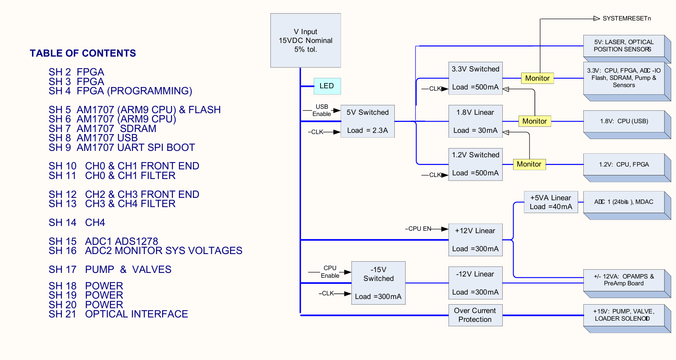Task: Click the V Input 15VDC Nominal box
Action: point(305,40)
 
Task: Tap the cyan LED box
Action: point(327,86)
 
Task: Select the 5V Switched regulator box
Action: point(367,122)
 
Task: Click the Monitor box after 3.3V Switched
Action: point(538,78)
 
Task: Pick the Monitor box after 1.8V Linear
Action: point(535,121)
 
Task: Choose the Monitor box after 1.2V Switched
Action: point(529,164)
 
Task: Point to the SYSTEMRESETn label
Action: point(627,18)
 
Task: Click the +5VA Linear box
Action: point(551,202)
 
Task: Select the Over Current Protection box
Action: point(475,315)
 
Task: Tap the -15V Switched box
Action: point(378,283)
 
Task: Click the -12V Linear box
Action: point(475,283)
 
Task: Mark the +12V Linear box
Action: point(475,240)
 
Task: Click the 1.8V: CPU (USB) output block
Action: point(627,124)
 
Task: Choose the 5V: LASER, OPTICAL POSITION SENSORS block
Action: point(627,49)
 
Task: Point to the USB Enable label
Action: point(322,110)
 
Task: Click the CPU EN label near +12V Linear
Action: point(418,229)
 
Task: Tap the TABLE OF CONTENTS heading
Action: point(83,53)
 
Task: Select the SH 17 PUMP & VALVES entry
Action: point(110,269)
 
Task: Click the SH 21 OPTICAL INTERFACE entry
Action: point(118,314)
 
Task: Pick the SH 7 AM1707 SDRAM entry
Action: point(102,129)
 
